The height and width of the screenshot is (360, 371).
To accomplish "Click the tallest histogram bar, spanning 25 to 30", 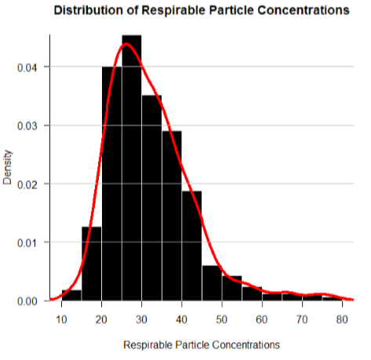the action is [132, 168].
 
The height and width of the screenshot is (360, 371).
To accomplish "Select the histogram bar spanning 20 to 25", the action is [112, 184].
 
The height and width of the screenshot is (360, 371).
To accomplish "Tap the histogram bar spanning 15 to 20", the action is [92, 264].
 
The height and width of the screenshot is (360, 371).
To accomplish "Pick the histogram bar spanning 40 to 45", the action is [192, 245].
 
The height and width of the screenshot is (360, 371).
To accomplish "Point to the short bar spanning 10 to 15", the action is [71, 296].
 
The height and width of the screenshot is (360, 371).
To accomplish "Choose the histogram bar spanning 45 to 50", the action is [212, 283].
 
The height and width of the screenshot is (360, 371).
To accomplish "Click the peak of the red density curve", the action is [126, 44].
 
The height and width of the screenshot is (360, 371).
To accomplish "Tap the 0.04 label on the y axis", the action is [27, 67].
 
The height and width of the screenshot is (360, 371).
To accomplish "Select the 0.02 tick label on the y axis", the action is [27, 184].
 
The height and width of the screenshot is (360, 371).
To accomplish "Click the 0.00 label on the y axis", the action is [27, 301].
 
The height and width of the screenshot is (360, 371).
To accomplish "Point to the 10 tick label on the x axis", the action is [62, 319].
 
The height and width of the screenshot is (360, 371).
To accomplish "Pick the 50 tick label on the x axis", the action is [222, 319].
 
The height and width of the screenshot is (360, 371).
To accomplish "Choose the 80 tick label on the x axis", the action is [342, 319].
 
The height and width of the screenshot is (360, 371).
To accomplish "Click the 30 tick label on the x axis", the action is [142, 319].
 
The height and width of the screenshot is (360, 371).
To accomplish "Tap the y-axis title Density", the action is [7, 167].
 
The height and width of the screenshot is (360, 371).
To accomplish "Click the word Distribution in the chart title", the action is [89, 10].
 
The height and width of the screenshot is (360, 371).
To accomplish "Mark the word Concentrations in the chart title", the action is [304, 10].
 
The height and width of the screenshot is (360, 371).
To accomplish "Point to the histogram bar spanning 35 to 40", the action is [172, 216].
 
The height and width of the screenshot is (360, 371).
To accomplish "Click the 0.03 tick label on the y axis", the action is [27, 126].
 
